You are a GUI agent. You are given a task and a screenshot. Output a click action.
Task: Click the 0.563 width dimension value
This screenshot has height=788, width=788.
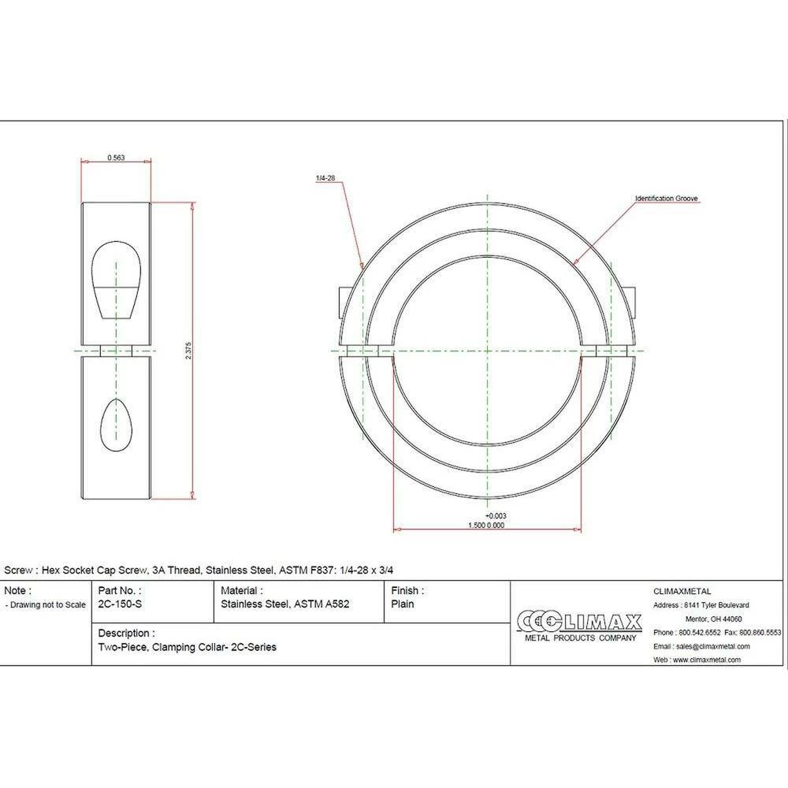pos(115,158)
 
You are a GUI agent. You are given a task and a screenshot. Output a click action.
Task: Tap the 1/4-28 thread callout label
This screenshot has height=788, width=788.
pos(325,180)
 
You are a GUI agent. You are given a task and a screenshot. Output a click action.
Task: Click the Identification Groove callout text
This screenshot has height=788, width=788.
pos(667,199)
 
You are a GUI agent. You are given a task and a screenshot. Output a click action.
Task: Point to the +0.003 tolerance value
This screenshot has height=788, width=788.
pos(495,516)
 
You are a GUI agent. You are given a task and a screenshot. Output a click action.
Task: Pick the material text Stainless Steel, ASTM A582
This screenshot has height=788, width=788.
pos(285,604)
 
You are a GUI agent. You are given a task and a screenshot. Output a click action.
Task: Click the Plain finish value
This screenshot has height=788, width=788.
pos(403,604)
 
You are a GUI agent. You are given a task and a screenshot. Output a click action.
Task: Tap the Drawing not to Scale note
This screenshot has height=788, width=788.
pos(46,605)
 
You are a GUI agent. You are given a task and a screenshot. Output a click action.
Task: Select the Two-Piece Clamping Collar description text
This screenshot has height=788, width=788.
pos(187,647)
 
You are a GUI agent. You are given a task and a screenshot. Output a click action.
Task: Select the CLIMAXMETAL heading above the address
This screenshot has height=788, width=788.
pos(682,591)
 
